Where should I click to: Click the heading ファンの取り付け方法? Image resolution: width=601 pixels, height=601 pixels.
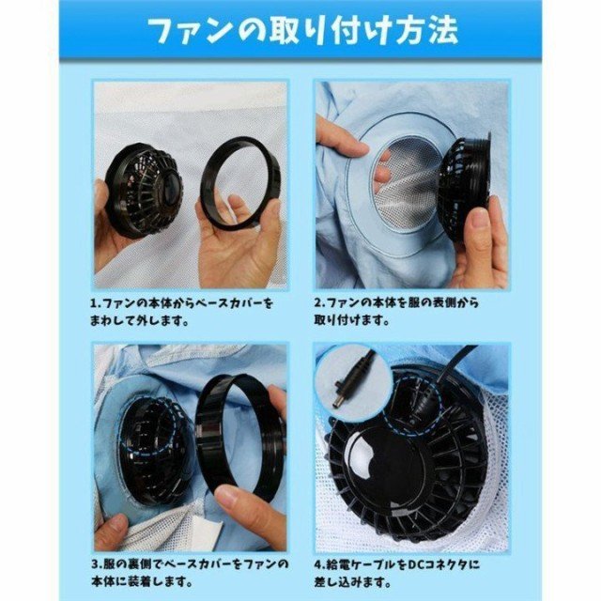coord(300,30)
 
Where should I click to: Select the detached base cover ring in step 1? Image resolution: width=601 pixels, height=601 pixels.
coord(240,184)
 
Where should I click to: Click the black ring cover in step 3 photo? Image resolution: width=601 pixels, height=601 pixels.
coord(239,436)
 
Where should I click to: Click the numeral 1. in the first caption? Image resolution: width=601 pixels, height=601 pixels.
coord(97,303)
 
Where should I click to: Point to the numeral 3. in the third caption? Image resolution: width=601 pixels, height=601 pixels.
coord(97,566)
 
